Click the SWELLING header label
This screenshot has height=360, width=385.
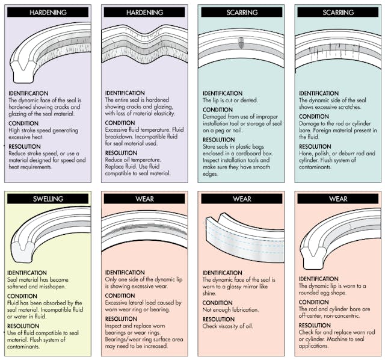48,198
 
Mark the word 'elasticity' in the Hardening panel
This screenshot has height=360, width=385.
155,113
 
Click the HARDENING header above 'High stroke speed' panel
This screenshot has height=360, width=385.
48,12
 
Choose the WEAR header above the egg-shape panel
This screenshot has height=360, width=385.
337,198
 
